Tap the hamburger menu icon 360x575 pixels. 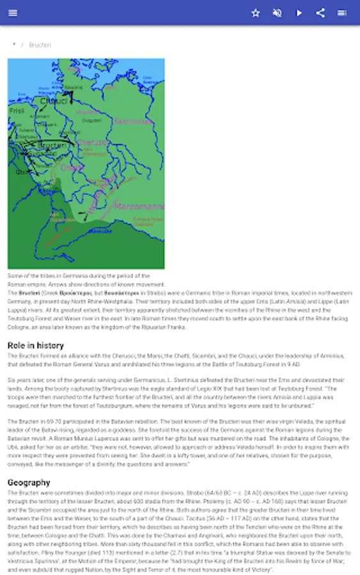pos(13,13)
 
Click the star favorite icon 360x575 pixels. pos(256,13)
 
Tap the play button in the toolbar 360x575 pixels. pos(299,13)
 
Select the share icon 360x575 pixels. pos(320,13)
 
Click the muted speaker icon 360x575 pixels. pos(277,13)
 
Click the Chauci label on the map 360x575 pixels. pos(53,101)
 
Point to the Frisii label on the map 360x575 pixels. pos(17,111)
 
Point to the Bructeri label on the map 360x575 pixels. pos(52,146)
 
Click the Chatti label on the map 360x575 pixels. pos(72,167)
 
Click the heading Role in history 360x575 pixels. pos(36,346)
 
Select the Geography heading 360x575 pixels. pos(29,482)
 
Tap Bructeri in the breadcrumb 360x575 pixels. pos(40,45)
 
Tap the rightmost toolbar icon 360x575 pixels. pos(342,13)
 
